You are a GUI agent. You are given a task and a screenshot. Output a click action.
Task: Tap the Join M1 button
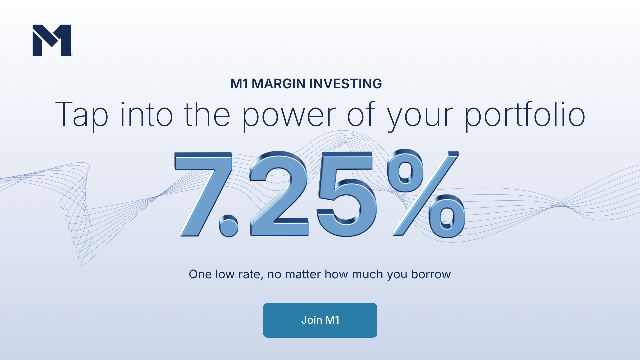click(x=320, y=320)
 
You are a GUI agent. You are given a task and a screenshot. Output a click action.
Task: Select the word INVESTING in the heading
click(x=346, y=84)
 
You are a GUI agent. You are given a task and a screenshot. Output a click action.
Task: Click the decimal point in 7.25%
click(x=229, y=226)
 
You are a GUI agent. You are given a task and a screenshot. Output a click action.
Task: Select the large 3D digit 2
click(x=279, y=194)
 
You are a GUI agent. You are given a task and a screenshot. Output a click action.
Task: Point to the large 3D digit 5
click(x=347, y=194)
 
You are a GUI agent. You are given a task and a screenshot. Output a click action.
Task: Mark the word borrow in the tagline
click(x=431, y=274)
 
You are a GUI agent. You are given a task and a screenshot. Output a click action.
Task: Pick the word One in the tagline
click(x=200, y=274)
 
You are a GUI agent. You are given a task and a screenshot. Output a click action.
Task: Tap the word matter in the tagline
click(x=303, y=274)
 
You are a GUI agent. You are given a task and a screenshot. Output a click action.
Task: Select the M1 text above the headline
click(x=239, y=84)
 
